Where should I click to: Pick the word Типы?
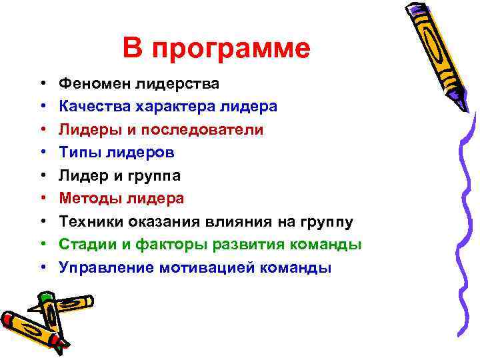pos(77,152)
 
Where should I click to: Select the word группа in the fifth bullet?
pos(155,175)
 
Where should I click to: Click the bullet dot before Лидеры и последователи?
pos(42,129)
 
